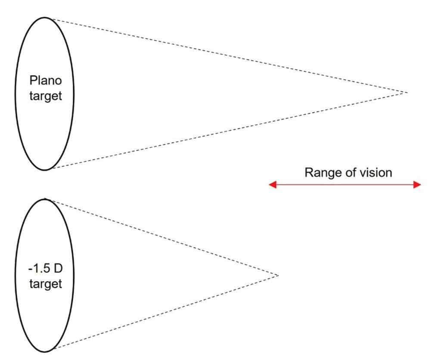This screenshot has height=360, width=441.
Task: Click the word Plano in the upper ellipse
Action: pyautogui.click(x=45, y=81)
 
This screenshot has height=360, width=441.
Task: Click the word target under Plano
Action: pyautogui.click(x=45, y=96)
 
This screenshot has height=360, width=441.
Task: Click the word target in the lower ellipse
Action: pyautogui.click(x=45, y=284)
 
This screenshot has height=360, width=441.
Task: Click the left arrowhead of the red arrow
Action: pyautogui.click(x=272, y=185)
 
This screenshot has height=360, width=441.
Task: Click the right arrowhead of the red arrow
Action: pyautogui.click(x=417, y=185)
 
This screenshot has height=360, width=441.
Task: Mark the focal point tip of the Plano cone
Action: pyautogui.click(x=407, y=93)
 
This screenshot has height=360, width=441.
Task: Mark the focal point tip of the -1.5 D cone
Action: pyautogui.click(x=278, y=275)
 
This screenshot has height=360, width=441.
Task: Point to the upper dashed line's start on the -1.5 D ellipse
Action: pyautogui.click(x=46, y=199)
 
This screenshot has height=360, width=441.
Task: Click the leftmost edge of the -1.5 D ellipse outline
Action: pyautogui.click(x=16, y=275)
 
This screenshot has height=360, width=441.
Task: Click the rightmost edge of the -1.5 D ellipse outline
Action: pyautogui.click(x=74, y=275)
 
